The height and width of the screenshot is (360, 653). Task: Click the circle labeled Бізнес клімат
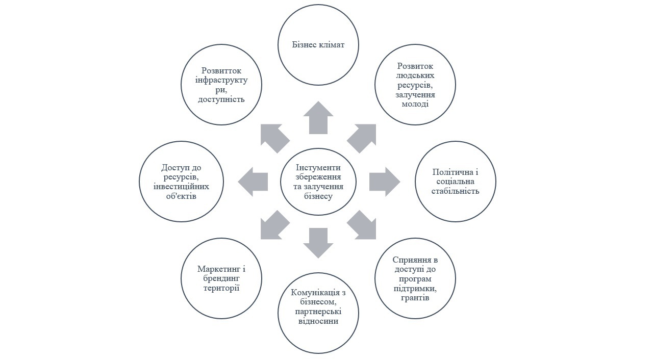(318, 44)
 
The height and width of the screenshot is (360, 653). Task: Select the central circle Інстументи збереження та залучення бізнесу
(318, 182)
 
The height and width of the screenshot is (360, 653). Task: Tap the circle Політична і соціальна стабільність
(456, 182)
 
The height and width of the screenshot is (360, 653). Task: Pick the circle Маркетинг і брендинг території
(221, 278)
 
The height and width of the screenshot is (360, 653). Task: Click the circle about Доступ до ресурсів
(181, 182)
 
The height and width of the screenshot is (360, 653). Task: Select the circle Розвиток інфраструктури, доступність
(221, 85)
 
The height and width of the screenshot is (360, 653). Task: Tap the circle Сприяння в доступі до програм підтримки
(415, 278)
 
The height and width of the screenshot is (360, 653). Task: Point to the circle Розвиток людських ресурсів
(415, 85)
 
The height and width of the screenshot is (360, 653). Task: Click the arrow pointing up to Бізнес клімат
(318, 118)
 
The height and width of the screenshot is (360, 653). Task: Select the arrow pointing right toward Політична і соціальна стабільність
(384, 182)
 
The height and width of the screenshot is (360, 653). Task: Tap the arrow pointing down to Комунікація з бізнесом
(318, 243)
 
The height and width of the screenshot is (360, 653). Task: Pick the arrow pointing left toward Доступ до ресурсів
(254, 182)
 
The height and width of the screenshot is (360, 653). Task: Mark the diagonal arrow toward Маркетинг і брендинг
(273, 226)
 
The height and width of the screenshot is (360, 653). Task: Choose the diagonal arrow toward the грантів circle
(363, 226)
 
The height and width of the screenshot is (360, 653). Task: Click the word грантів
(415, 298)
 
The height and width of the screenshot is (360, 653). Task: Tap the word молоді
(415, 104)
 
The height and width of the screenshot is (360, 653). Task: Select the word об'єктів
(181, 196)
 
